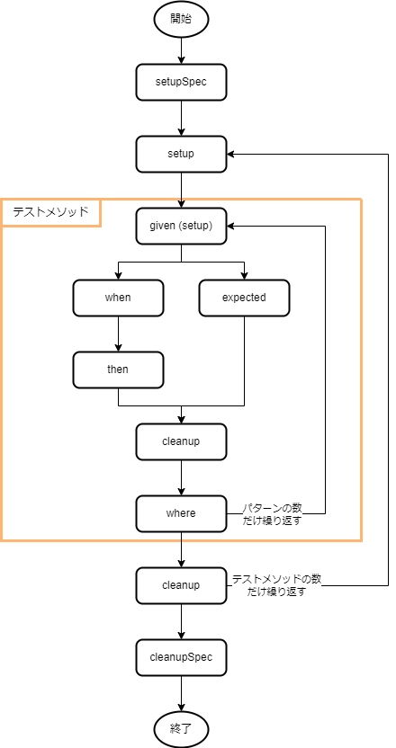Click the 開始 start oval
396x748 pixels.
(x=182, y=19)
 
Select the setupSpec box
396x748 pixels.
(x=181, y=82)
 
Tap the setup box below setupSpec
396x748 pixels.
(x=181, y=154)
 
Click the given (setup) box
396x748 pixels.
(x=181, y=227)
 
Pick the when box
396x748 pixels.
(x=118, y=298)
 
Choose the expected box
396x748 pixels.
(x=244, y=298)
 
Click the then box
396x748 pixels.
(x=118, y=370)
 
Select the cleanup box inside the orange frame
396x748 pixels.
(x=181, y=441)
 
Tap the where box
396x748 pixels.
(x=181, y=513)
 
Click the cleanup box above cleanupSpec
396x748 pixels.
(x=181, y=585)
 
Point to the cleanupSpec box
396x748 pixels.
(x=181, y=657)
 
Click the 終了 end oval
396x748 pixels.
(x=182, y=729)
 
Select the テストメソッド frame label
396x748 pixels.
(x=50, y=212)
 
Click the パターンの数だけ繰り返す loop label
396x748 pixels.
(x=274, y=513)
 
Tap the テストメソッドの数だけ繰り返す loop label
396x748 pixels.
(x=276, y=585)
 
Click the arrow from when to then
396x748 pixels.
(x=118, y=334)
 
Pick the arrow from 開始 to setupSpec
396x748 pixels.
(x=182, y=50)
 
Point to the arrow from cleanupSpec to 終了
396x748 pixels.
(x=182, y=694)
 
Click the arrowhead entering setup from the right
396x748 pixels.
(x=230, y=154)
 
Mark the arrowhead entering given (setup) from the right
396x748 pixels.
(x=230, y=227)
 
